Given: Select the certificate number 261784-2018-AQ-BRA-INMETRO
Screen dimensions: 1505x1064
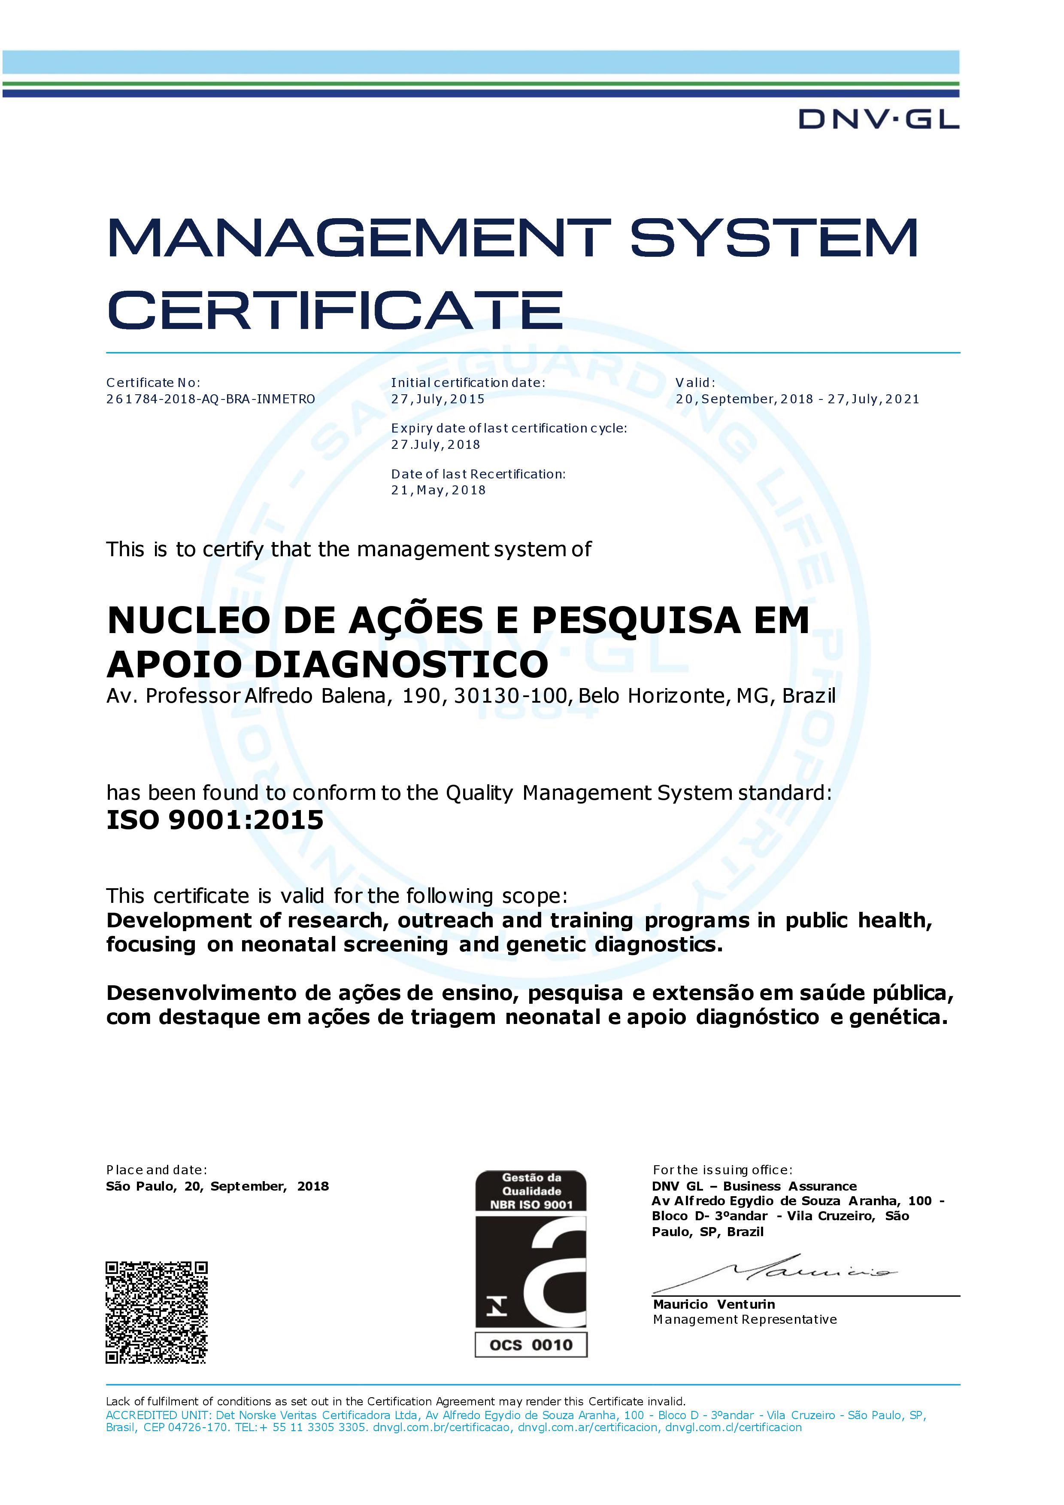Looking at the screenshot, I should tap(210, 399).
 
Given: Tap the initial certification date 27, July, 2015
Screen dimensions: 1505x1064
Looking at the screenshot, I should tap(438, 399).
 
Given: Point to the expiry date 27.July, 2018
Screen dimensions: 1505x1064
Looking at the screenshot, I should tap(436, 445).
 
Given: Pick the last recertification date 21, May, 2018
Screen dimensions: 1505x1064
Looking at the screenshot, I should tap(438, 490).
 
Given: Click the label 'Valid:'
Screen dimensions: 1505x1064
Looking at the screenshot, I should tap(695, 383).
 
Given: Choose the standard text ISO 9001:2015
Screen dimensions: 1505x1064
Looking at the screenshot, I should tap(215, 820).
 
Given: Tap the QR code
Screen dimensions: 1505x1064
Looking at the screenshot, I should tap(157, 1312).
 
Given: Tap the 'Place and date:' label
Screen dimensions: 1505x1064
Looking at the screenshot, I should tap(157, 1170).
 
